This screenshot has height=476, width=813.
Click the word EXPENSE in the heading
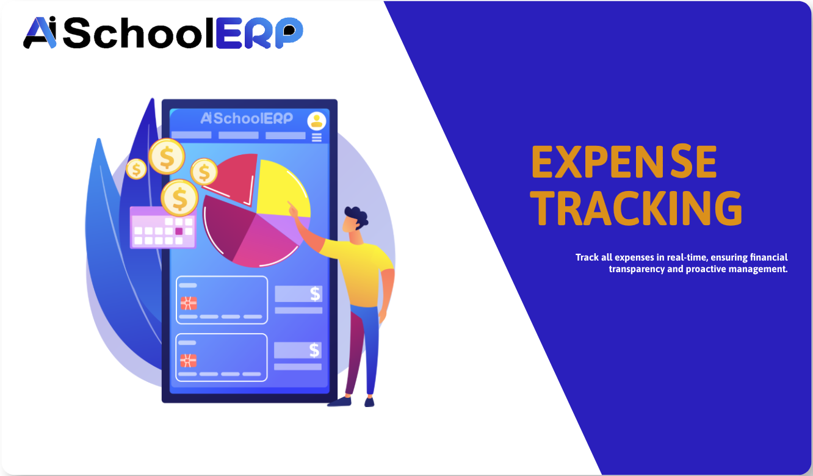click(x=623, y=162)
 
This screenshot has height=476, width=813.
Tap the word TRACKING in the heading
click(x=638, y=209)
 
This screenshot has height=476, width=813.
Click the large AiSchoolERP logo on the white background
click(x=163, y=34)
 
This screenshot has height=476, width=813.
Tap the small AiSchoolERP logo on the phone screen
click(x=247, y=118)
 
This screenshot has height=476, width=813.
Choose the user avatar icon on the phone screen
click(x=316, y=121)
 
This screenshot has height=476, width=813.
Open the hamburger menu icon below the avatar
click(x=316, y=137)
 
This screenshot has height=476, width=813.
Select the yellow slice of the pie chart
click(x=281, y=186)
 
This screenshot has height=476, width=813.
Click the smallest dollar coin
click(x=136, y=168)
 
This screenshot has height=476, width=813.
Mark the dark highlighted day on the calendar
click(x=179, y=231)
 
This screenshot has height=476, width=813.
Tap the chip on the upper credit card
click(x=189, y=303)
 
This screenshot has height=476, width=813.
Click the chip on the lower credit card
click(x=188, y=360)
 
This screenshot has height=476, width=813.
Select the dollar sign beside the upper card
click(x=315, y=294)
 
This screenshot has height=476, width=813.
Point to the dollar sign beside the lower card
click(x=314, y=350)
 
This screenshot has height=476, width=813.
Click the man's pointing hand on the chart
click(x=294, y=210)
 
